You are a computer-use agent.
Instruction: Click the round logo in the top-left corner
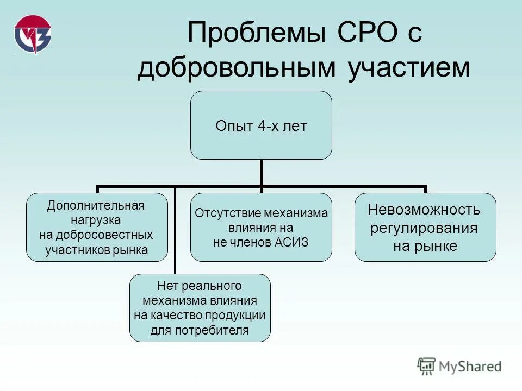point(33,34)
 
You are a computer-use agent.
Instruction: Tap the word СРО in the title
point(358,34)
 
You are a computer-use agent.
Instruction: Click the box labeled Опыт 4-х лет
point(261,125)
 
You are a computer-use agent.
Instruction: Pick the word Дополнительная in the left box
point(96,206)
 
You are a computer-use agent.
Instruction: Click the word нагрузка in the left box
point(96,220)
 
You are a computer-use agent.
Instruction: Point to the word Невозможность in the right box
point(424,210)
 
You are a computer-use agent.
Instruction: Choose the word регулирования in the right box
point(424,228)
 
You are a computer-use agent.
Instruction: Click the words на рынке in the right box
point(424,246)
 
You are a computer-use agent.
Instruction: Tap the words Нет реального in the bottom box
point(199,286)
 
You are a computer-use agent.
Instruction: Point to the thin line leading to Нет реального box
point(175,234)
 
